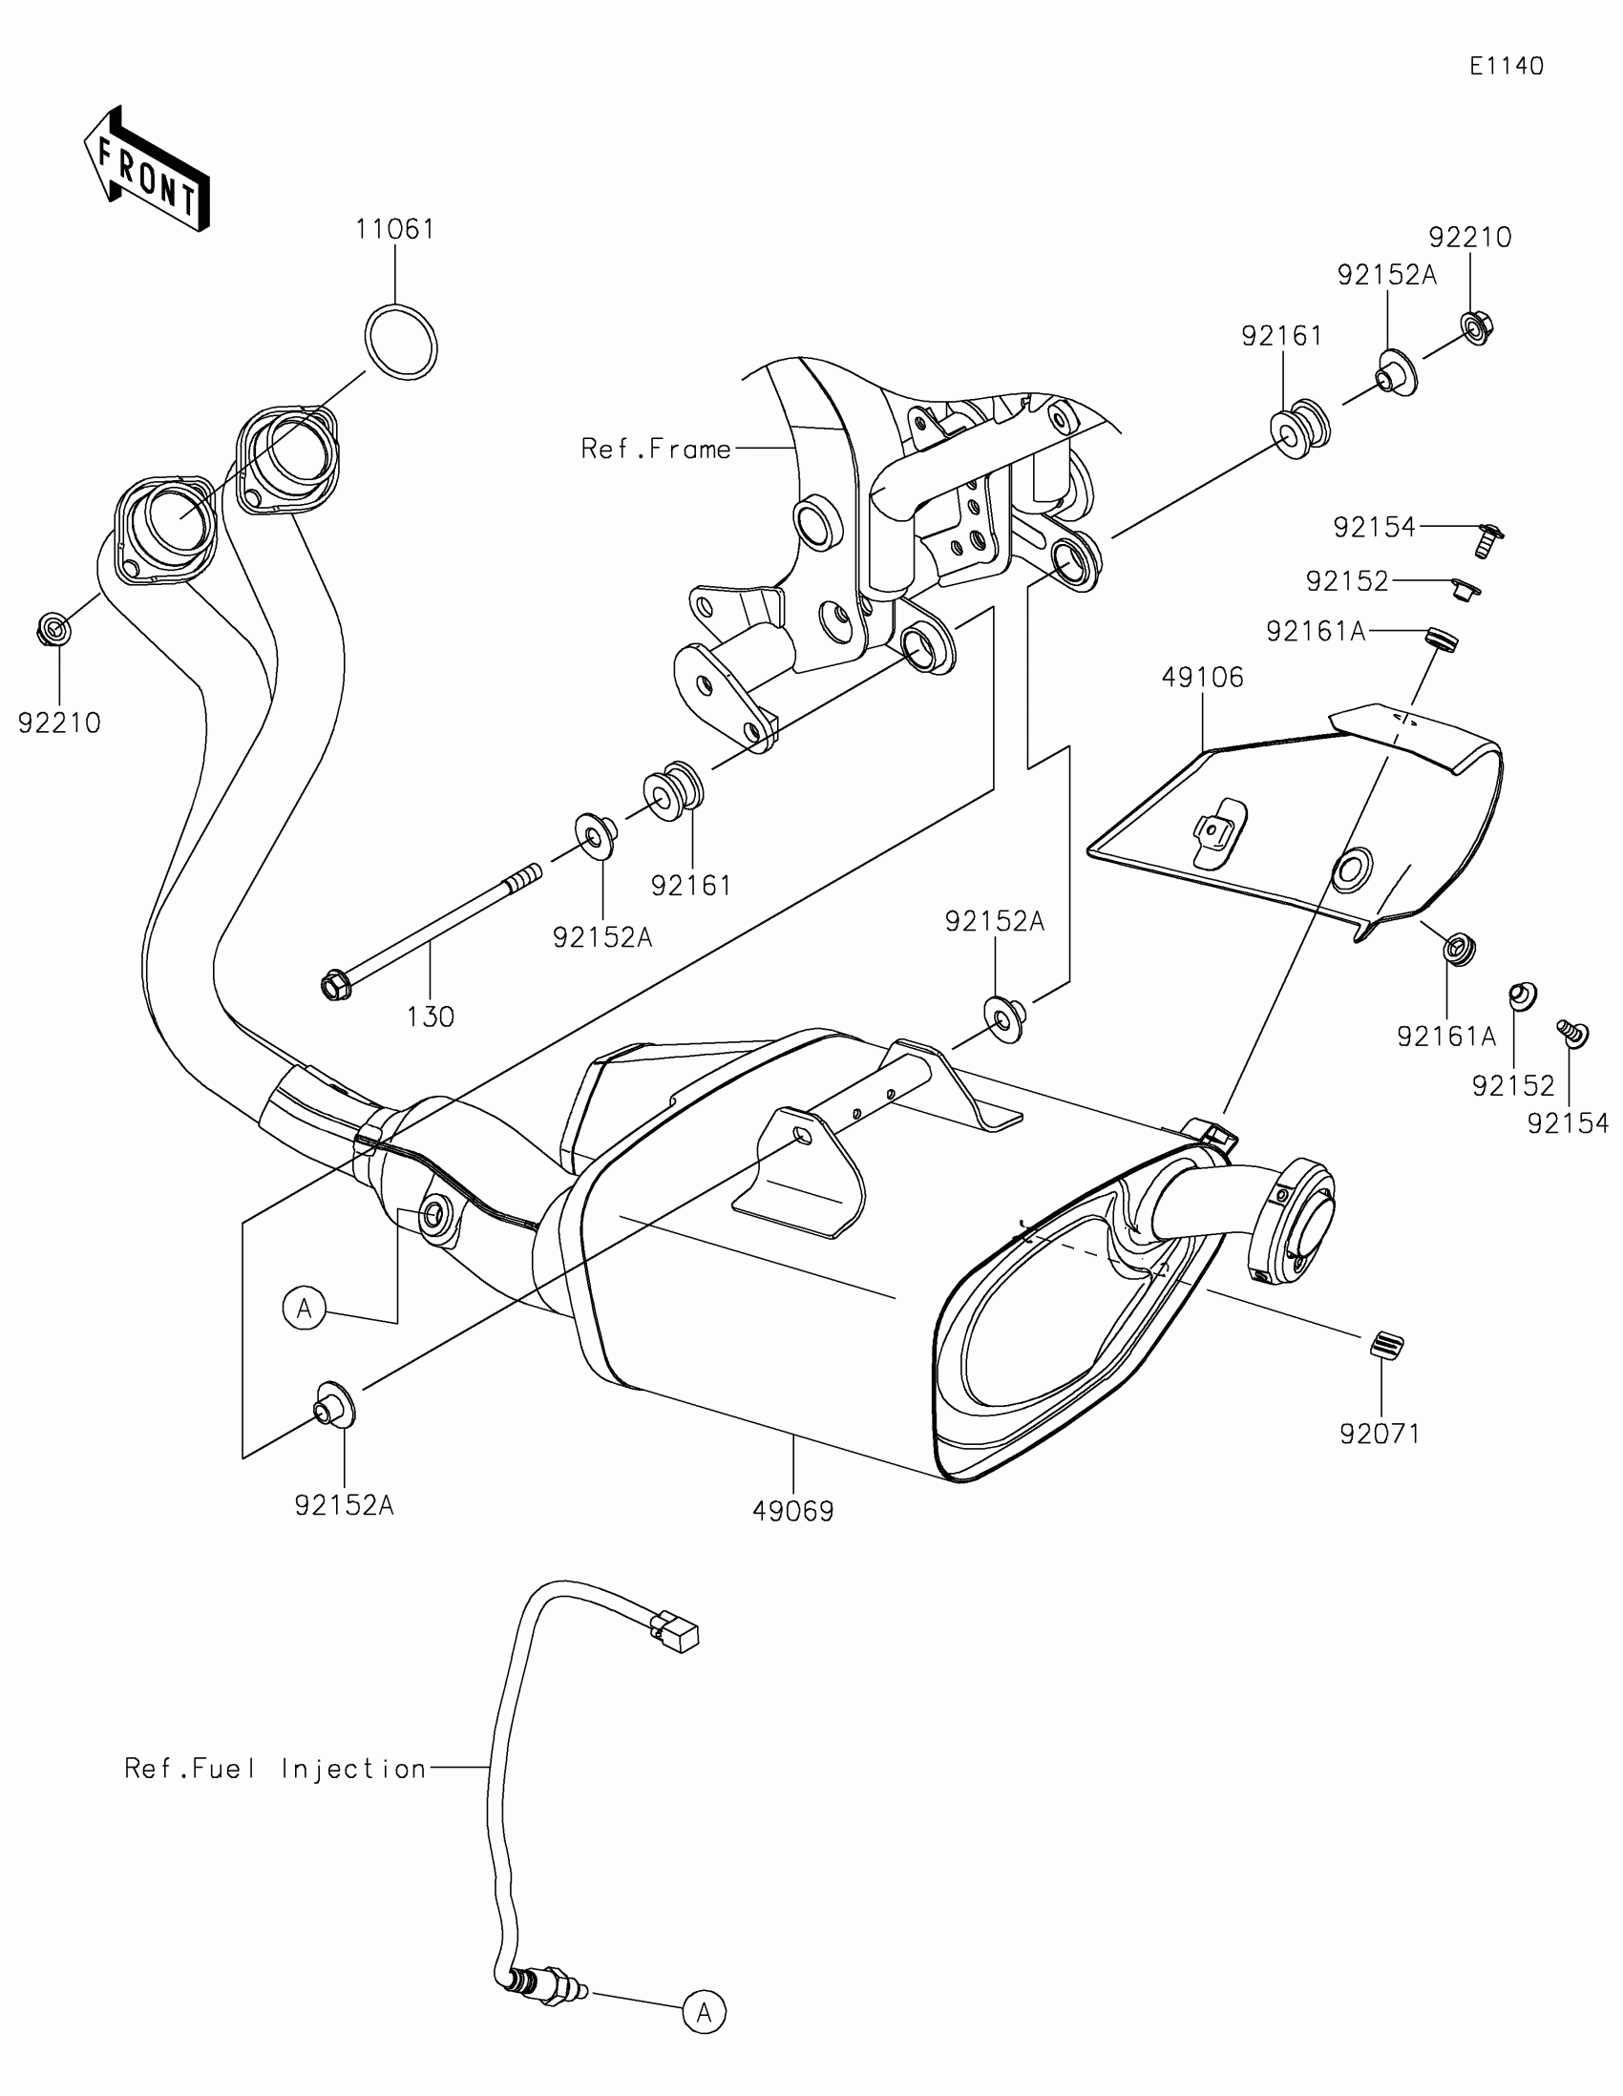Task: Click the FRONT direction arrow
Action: point(146,170)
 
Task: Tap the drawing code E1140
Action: point(1506,66)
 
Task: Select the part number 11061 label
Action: point(394,229)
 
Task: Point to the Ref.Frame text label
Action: point(656,450)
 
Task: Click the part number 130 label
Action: point(430,1017)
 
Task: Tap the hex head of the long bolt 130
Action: point(334,986)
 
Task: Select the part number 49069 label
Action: point(792,1512)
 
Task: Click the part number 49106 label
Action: point(1202,678)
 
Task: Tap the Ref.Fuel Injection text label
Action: point(276,1769)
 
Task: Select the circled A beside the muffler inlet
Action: point(305,1308)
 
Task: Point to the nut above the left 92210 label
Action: point(53,631)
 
